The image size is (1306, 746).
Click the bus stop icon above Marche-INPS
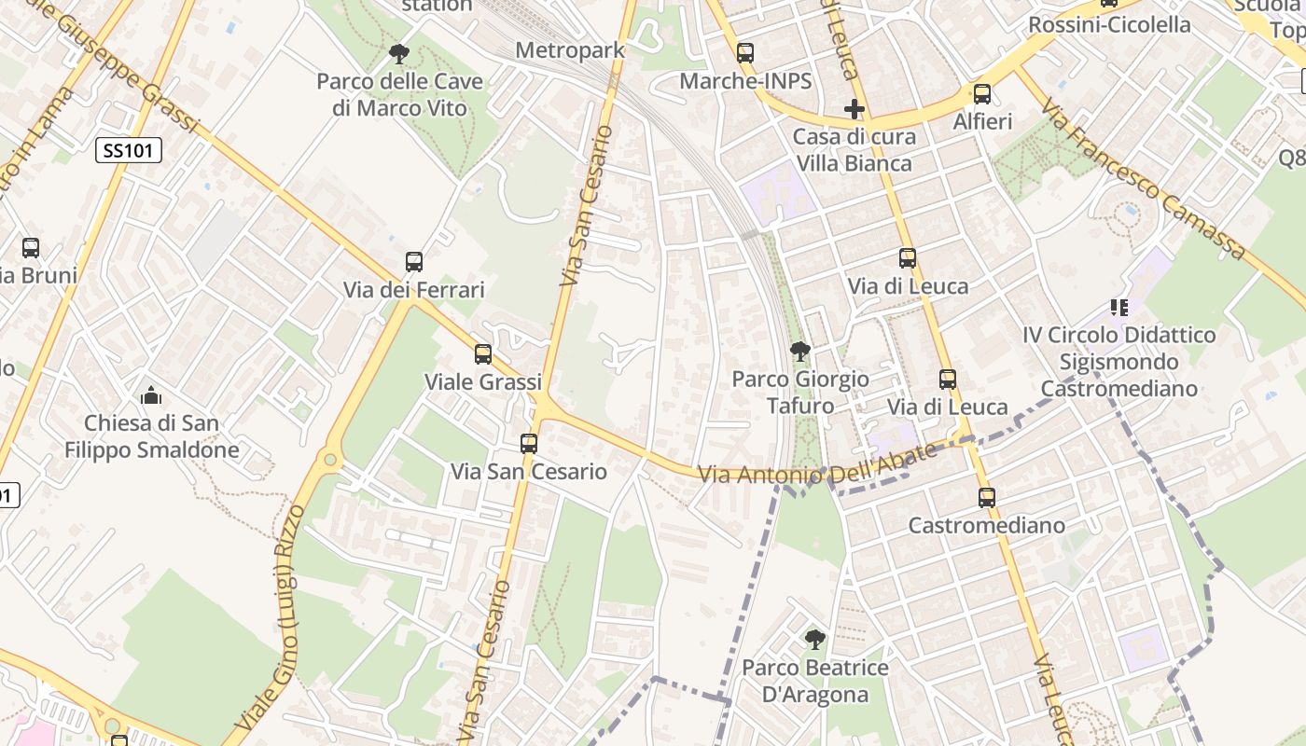pyautogui.click(x=744, y=53)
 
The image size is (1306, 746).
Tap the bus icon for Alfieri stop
pyautogui.click(x=981, y=94)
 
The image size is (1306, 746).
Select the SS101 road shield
pyautogui.click(x=129, y=150)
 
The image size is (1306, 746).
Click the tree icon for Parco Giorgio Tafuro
pyautogui.click(x=799, y=352)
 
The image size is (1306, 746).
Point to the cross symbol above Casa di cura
pyautogui.click(x=854, y=109)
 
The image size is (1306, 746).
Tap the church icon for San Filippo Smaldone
pyautogui.click(x=151, y=395)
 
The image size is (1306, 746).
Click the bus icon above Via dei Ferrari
pyautogui.click(x=414, y=262)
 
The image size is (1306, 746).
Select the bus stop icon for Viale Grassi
pyautogui.click(x=482, y=354)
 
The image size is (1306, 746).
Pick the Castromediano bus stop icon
pyautogui.click(x=987, y=498)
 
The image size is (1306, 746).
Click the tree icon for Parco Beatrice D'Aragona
pyautogui.click(x=814, y=640)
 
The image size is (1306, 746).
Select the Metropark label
pyautogui.click(x=569, y=50)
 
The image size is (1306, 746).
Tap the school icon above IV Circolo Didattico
pyautogui.click(x=1118, y=307)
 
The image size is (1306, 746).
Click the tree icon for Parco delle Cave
pyautogui.click(x=399, y=54)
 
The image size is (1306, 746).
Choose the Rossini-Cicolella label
pyautogui.click(x=1109, y=25)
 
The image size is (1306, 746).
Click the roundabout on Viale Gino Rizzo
pyautogui.click(x=328, y=460)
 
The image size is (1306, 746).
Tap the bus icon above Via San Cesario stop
pyautogui.click(x=529, y=444)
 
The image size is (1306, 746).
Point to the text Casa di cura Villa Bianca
pyautogui.click(x=854, y=150)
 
